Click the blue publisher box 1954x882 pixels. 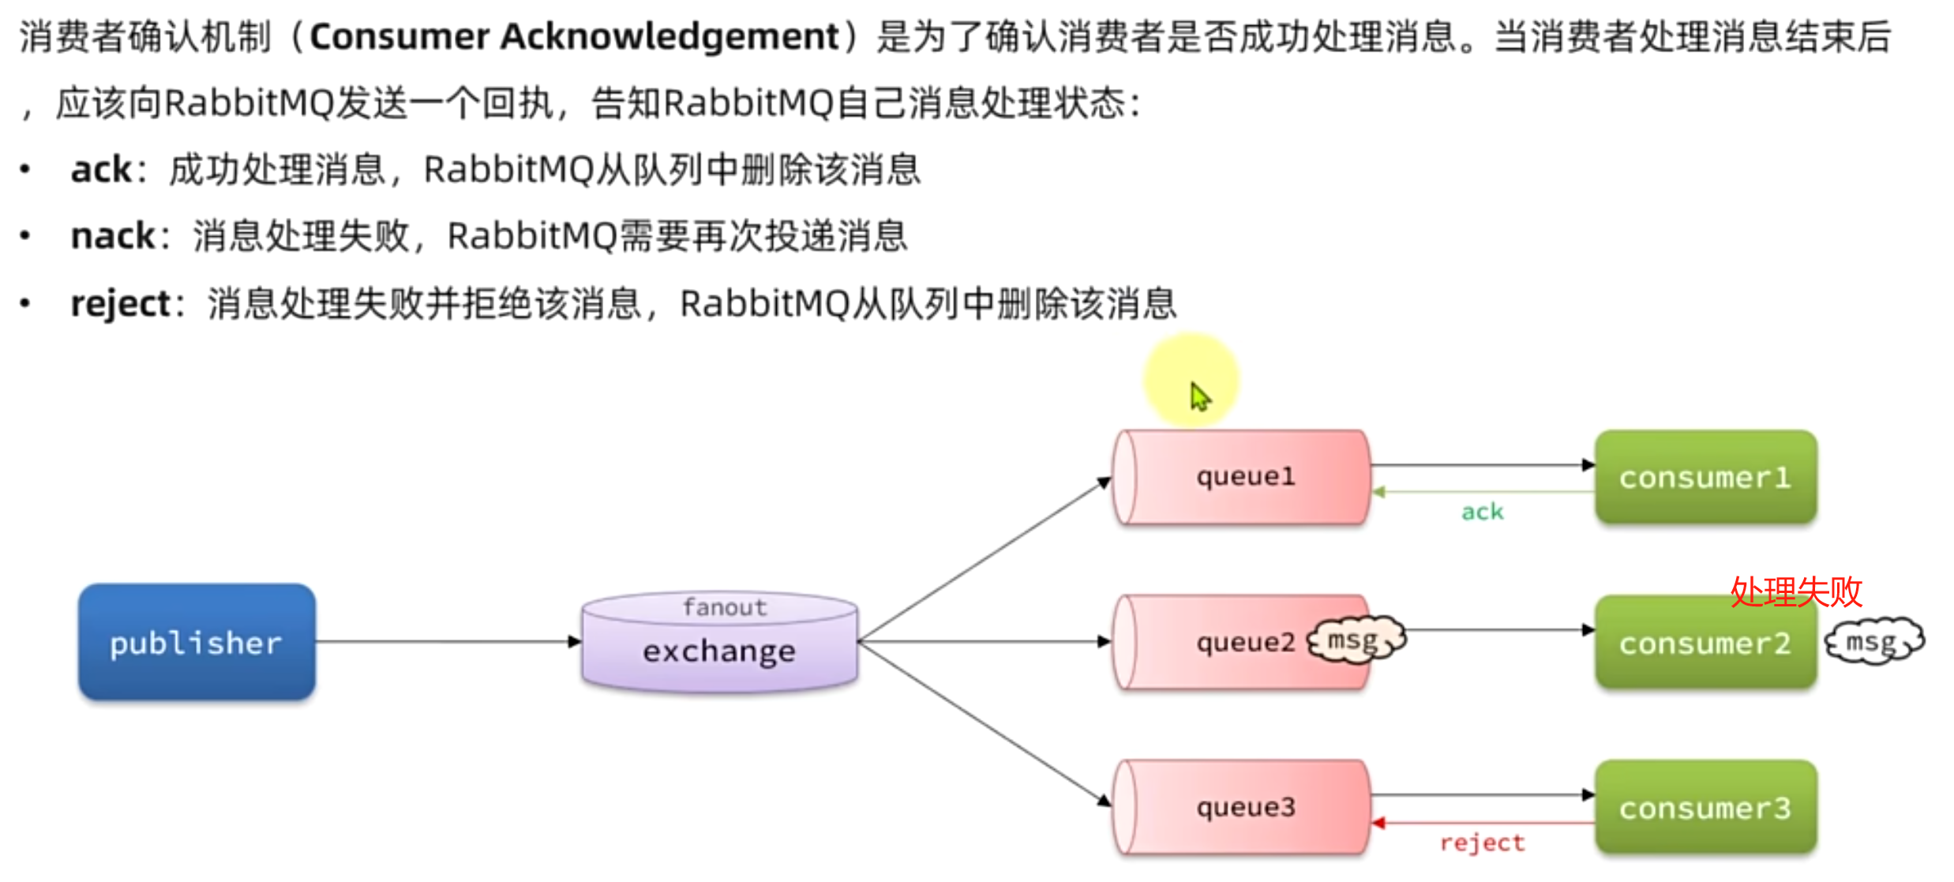(197, 642)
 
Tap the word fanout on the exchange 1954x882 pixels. (725, 607)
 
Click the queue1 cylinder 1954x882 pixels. (1241, 477)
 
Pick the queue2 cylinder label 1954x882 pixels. (1245, 642)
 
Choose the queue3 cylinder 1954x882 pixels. (1241, 807)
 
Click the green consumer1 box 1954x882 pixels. (1705, 477)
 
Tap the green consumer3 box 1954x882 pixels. (1705, 808)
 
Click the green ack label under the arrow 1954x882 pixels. (1482, 512)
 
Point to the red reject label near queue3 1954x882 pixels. (1482, 843)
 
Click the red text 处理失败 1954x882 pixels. (1796, 591)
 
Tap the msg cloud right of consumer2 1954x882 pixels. (1873, 641)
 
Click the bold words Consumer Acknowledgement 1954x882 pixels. (574, 36)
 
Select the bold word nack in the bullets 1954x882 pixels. (113, 235)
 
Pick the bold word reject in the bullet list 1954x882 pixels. (120, 303)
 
